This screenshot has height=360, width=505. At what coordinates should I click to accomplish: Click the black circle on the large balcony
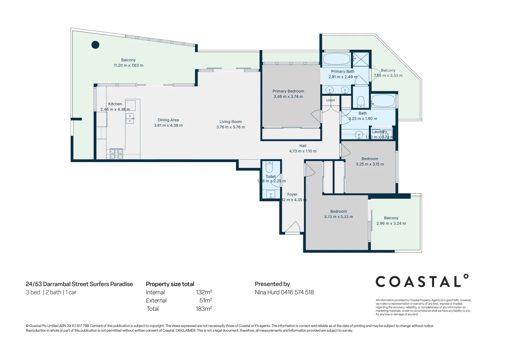tap(95, 45)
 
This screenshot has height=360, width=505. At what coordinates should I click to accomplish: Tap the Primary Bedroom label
tap(288, 91)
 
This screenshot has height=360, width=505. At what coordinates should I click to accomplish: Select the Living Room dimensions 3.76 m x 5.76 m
tap(230, 127)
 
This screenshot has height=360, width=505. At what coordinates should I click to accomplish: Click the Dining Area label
tap(168, 120)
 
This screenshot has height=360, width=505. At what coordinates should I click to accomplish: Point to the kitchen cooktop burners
tap(116, 154)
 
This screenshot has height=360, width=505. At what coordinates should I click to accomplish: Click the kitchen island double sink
tap(130, 118)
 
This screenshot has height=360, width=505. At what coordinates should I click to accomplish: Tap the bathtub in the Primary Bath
tap(336, 59)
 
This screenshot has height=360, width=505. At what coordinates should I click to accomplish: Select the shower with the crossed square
tap(361, 59)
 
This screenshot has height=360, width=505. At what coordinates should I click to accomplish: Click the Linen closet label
tap(330, 100)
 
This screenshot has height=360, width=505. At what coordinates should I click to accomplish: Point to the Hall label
tap(303, 146)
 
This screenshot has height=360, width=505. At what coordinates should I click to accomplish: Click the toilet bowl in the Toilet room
tap(269, 167)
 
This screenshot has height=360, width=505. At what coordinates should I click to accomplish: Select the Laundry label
tap(379, 132)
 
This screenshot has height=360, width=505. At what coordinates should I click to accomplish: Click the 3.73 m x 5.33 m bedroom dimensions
tap(338, 217)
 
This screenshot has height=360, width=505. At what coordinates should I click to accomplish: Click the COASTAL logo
tap(422, 281)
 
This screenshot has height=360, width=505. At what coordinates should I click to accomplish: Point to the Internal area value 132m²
tap(204, 292)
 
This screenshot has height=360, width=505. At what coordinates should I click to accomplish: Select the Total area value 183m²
tap(204, 309)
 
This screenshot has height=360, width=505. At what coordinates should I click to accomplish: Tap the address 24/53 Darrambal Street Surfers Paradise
tap(79, 284)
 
